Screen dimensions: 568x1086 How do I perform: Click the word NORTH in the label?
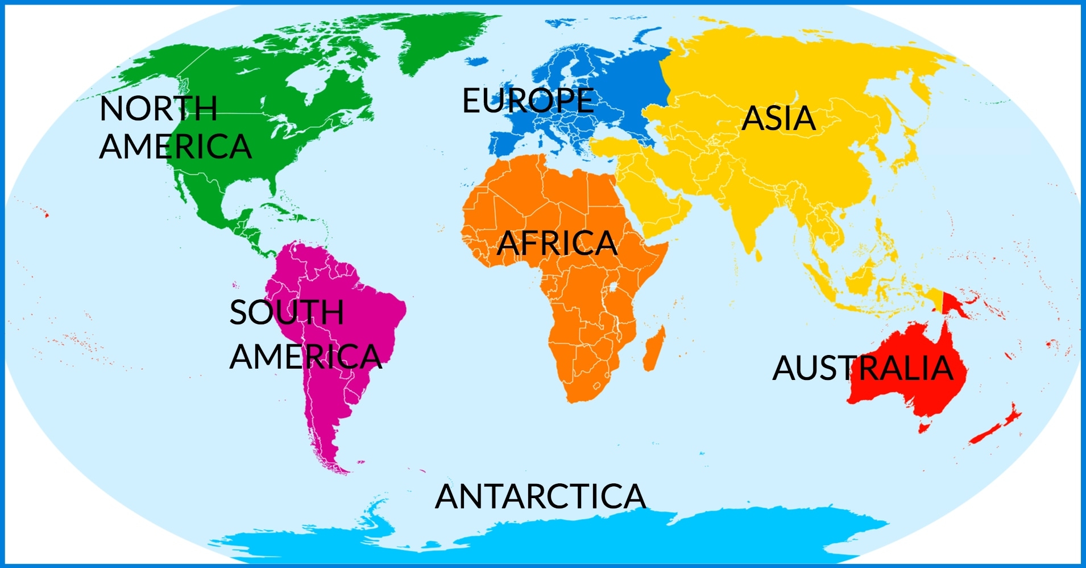point(158,108)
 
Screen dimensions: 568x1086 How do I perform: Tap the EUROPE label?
point(528,101)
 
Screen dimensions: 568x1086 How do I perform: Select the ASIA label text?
point(778,119)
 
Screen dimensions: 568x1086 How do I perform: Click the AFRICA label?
point(557,244)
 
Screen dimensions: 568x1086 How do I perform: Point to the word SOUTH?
point(287,312)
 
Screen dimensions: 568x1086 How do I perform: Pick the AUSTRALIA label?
point(862,368)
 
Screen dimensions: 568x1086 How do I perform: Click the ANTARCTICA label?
point(540,496)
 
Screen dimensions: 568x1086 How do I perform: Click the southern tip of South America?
point(341,470)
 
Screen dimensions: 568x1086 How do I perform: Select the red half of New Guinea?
point(955,304)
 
